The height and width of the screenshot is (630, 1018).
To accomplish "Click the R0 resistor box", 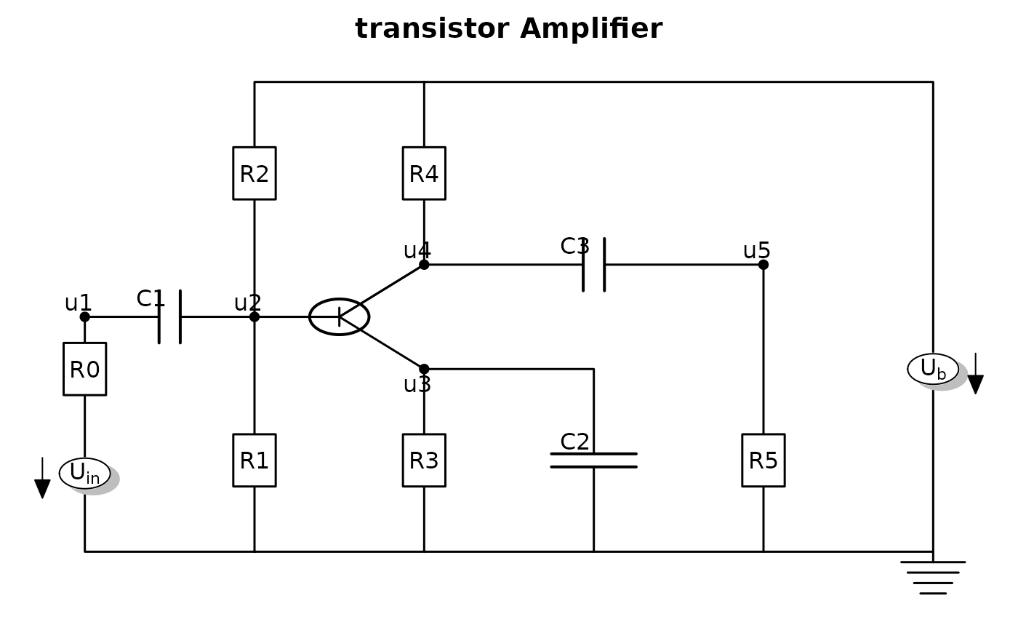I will click(84, 370).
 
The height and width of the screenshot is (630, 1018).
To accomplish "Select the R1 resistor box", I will click(254, 460).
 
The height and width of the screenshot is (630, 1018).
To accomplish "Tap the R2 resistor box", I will click(254, 173).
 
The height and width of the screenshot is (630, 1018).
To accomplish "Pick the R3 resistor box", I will click(424, 460).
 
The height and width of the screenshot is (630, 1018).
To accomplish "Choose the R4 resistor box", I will click(424, 173).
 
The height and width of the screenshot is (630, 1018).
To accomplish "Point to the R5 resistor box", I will click(763, 460).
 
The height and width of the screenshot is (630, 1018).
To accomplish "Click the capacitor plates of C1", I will click(170, 317).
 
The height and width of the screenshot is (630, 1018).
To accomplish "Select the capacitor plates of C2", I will click(593, 460).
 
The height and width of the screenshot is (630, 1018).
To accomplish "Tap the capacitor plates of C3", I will click(593, 265).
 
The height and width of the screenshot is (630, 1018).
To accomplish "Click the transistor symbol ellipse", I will click(340, 317).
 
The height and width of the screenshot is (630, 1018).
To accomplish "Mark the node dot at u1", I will click(84, 317).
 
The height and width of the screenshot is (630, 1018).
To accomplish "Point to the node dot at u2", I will click(254, 317).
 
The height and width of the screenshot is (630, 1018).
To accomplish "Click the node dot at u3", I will click(424, 370).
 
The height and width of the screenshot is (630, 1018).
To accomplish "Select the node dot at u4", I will click(424, 265).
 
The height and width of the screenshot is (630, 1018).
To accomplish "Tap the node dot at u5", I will click(763, 265).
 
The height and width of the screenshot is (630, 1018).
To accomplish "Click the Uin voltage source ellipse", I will click(85, 474).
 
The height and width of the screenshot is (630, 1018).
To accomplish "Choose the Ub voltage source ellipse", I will click(933, 369).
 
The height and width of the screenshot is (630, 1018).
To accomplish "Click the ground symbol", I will click(933, 577).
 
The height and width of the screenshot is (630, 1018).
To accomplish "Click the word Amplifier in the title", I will click(591, 29).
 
